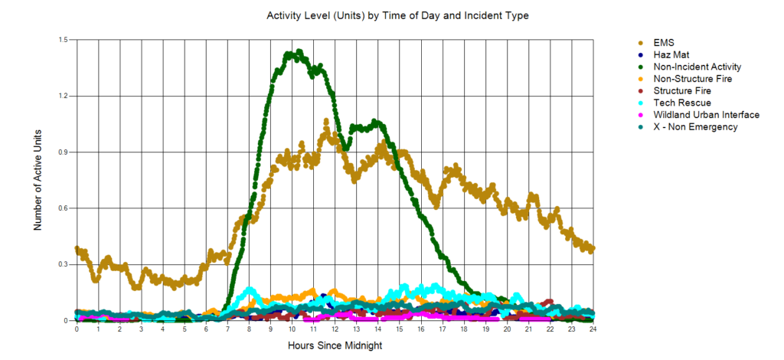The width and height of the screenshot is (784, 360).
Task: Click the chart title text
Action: [397, 15]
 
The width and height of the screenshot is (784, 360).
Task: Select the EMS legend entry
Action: [664, 42]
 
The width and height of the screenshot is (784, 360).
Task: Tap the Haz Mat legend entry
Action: [671, 54]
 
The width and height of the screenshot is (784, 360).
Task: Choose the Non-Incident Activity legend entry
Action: [697, 67]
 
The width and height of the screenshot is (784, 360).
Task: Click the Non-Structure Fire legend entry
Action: [694, 78]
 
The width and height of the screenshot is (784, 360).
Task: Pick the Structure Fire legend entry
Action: [682, 90]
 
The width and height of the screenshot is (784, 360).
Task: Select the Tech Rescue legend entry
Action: [682, 103]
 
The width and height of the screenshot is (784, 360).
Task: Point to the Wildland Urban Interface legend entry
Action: [706, 115]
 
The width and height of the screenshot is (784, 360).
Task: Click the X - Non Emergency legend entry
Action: [695, 126]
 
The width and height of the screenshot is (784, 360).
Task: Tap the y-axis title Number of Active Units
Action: [38, 181]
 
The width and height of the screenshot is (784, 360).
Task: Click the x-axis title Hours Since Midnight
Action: [335, 345]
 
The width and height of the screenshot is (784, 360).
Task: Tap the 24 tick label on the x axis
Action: [593, 329]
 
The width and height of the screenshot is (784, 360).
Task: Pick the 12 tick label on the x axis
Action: [335, 329]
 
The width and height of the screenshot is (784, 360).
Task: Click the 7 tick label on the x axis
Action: [227, 329]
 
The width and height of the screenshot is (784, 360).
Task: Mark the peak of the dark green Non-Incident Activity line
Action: [299, 51]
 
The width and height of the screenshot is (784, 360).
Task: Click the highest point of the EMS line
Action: [327, 120]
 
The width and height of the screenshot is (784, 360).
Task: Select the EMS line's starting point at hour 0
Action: [77, 249]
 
